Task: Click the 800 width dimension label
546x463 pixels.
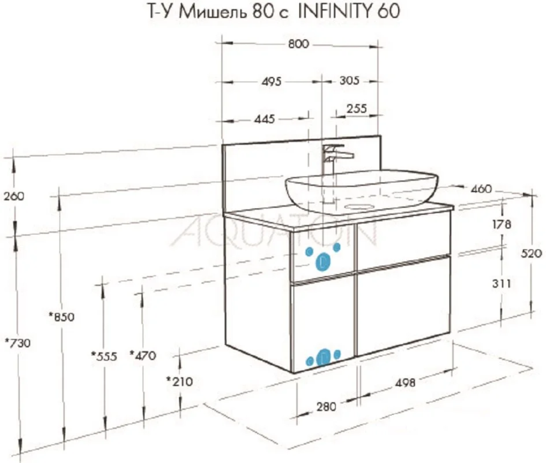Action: [299, 44]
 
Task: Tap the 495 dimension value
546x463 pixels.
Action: [271, 81]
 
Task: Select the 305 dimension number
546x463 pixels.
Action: [349, 80]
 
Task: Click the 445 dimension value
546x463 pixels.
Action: [264, 119]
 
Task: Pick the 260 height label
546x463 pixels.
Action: [14, 196]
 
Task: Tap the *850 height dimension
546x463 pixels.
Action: [62, 317]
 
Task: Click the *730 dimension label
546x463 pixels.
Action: [18, 343]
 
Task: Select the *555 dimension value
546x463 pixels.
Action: [104, 356]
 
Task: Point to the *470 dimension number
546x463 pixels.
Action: [143, 356]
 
